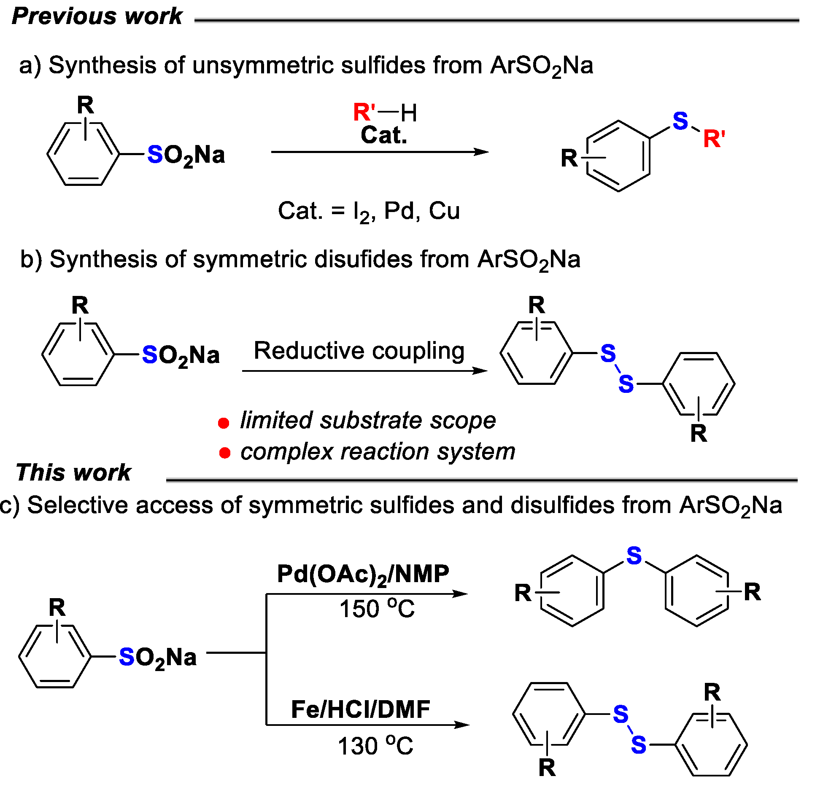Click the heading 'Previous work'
[x=97, y=16]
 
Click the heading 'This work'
[x=73, y=472]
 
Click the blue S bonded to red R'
[x=680, y=121]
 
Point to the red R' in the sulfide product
[x=714, y=139]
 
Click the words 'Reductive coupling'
[x=359, y=351]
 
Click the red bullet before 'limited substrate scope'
[x=224, y=423]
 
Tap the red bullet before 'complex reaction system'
[x=225, y=453]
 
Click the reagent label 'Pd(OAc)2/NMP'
[x=363, y=574]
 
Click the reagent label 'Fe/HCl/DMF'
[x=361, y=709]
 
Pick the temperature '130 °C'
[x=375, y=746]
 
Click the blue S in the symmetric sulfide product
[x=634, y=556]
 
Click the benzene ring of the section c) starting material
[x=55, y=656]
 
